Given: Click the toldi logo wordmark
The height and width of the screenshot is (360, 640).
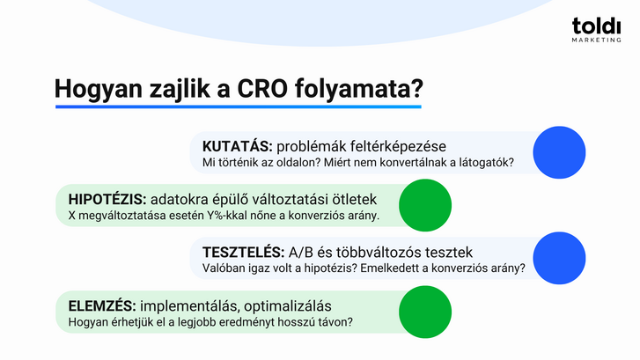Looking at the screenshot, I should pos(596,27).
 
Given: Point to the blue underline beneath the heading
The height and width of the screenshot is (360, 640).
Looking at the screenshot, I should pos(238,107).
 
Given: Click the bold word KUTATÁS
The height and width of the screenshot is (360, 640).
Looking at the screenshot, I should pos(232,146).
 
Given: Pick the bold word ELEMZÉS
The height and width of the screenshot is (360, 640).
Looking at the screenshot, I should pos(101,305).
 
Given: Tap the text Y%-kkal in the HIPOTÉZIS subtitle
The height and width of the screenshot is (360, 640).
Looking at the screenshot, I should pos(225,216).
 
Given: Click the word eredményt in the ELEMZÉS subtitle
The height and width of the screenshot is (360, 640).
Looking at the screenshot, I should pos(244,322).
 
